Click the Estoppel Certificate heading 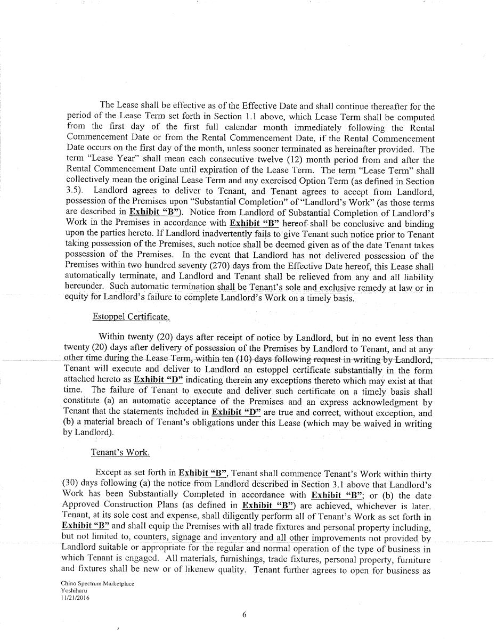[x=131, y=317]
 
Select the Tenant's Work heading [x=120, y=453]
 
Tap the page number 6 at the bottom [x=244, y=614]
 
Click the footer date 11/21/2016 [x=75, y=598]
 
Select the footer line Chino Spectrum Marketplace [x=97, y=584]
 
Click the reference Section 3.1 [x=309, y=484]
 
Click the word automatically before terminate [x=91, y=277]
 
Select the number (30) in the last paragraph [x=72, y=484]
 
